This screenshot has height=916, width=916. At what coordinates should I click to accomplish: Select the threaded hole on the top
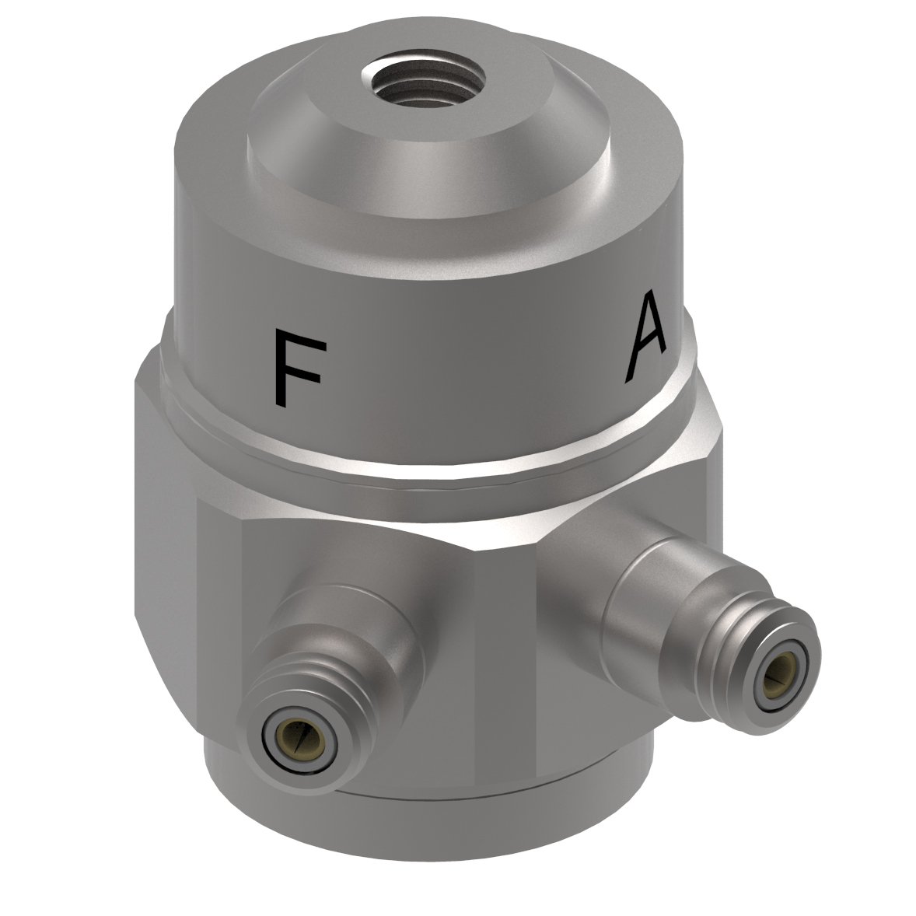pyautogui.click(x=424, y=78)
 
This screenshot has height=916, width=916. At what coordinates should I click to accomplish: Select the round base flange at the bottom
pyautogui.click(x=435, y=824)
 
